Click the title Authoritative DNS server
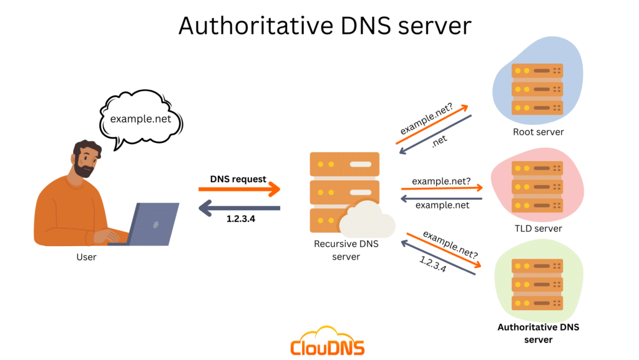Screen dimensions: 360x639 tap(324, 26)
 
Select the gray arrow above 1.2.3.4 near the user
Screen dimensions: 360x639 tap(239, 208)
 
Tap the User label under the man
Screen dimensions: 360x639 tap(86, 256)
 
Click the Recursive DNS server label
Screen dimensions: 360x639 tap(346, 250)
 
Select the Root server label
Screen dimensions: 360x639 tap(538, 132)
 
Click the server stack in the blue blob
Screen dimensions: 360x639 tap(537, 89)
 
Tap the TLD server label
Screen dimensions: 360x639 tap(538, 228)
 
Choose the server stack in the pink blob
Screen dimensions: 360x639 tap(537, 186)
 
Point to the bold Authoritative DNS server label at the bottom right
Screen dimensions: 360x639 tap(533, 333)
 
